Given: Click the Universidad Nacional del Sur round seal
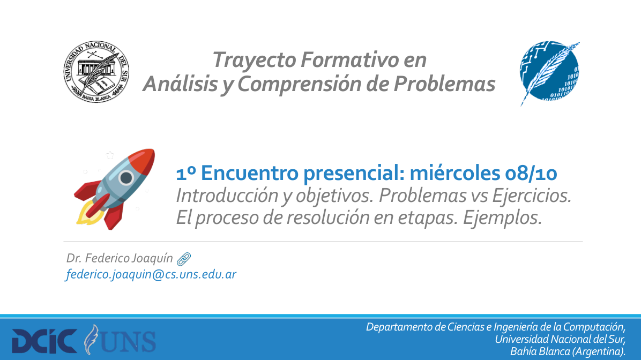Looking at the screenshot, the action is point(96,71).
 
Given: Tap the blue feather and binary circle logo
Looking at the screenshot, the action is point(550,73).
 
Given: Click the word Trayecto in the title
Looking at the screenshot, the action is point(254,59).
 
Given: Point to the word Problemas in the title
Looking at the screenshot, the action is point(444,84).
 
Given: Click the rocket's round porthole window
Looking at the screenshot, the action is point(126,178).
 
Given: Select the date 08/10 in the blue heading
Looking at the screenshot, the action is point(531,173).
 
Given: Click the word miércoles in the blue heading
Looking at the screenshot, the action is point(454,173).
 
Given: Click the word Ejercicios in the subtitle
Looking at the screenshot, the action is point(532,196).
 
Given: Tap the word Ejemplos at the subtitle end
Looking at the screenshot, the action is point(502,217).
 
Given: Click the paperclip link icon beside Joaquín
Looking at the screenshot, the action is point(184,259).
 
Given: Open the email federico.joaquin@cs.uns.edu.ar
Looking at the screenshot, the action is point(151,274).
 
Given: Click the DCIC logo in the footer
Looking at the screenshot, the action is point(44,341).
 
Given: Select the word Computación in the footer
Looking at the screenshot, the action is point(594,327).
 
